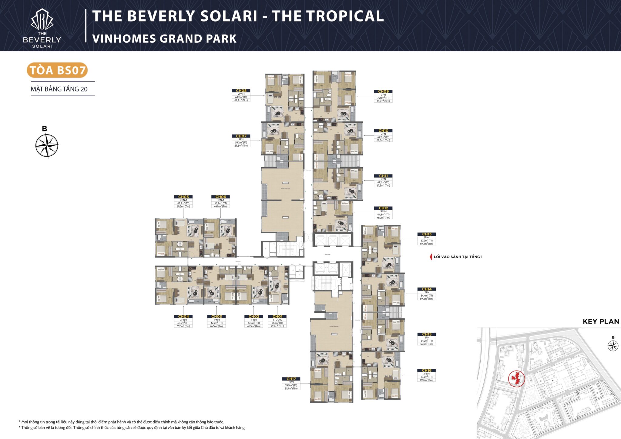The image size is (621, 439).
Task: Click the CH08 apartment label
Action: tap(241, 91)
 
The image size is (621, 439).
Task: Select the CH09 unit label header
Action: tap(383, 91)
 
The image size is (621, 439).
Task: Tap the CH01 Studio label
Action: tap(277, 317)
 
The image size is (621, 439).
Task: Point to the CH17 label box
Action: tap(291, 379)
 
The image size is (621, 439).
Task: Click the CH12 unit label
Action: tap(383, 208)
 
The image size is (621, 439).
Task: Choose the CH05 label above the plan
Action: tap(183, 197)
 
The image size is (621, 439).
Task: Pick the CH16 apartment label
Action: tap(427, 371)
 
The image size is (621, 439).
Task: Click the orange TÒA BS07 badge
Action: tap(57, 70)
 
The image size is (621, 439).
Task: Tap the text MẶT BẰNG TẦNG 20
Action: tap(59, 89)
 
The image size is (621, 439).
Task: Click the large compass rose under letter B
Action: tap(47, 146)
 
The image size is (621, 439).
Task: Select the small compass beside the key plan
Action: tap(613, 346)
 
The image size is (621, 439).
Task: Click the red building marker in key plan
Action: tap(516, 378)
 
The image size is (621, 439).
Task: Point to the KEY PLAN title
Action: tap(601, 321)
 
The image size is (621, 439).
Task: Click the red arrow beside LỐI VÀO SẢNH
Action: tap(431, 257)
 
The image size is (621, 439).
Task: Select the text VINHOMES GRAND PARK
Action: tap(164, 39)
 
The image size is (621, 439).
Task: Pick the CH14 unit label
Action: tap(427, 289)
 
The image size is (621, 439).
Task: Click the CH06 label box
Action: tap(220, 197)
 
